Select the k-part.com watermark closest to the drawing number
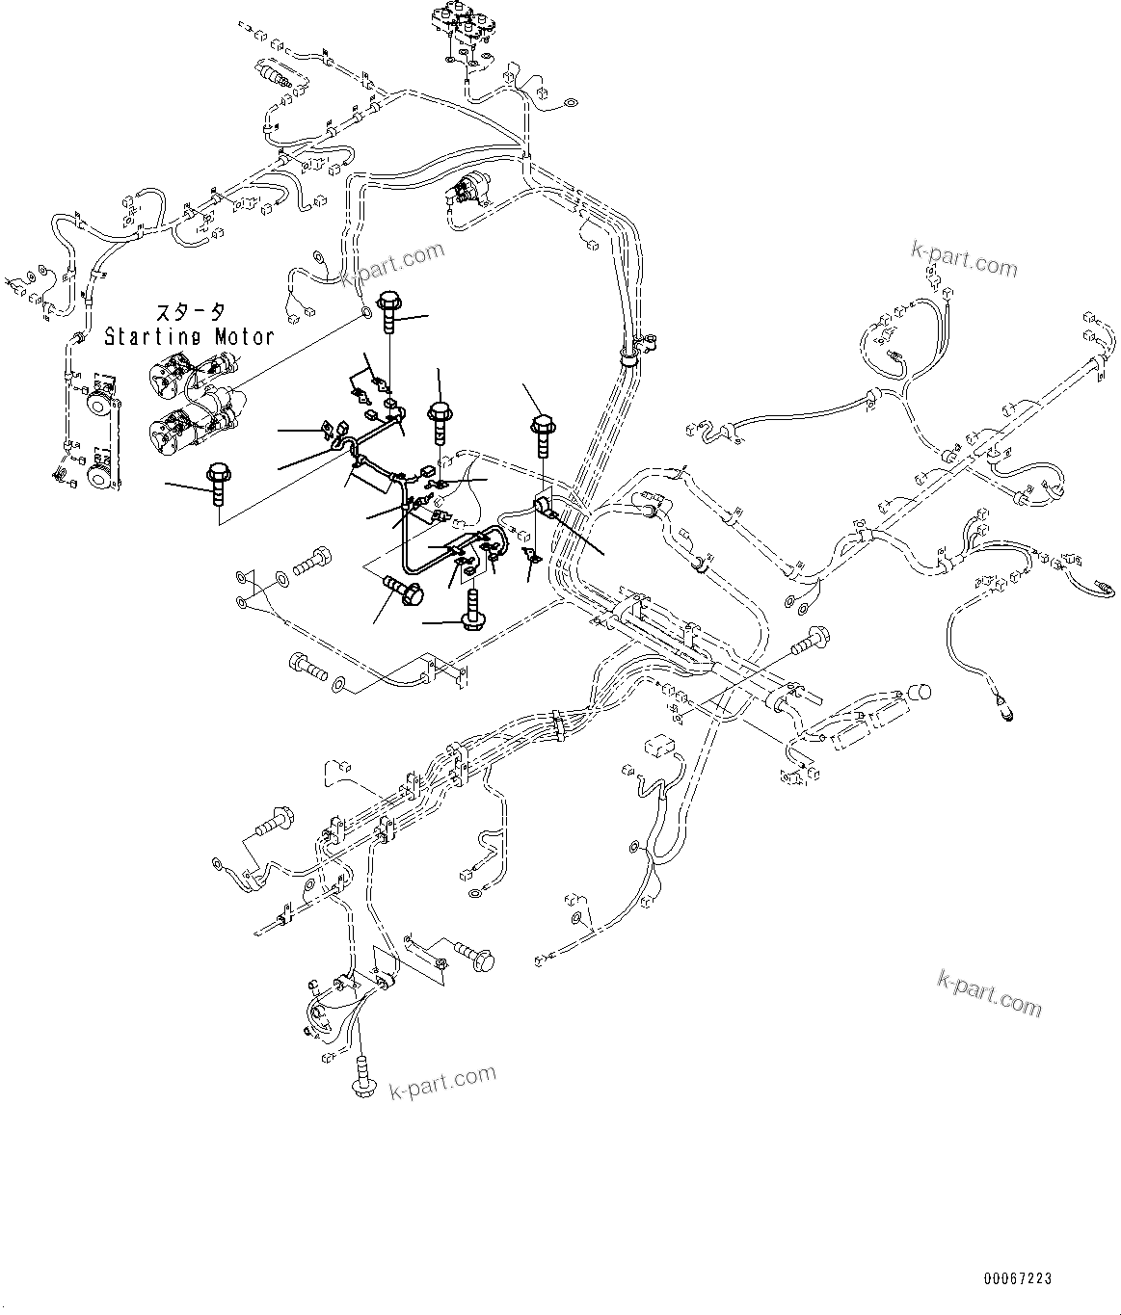pos(989,993)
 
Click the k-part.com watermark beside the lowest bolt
pos(442,1082)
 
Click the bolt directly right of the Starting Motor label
pos(389,310)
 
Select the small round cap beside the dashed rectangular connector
pos(921,693)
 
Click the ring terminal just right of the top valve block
pos(570,99)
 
